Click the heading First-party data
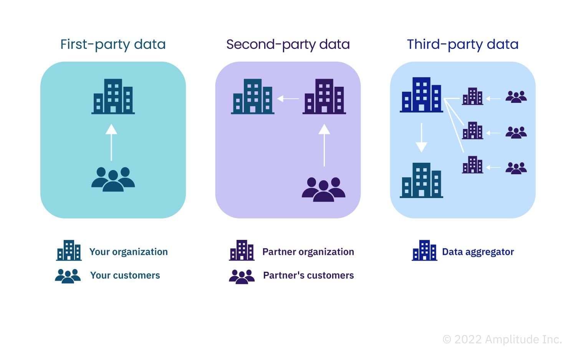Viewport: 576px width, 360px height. point(113,45)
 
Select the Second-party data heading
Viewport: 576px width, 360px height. point(288,45)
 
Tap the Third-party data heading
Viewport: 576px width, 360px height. point(462,45)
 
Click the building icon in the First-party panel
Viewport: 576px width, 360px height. point(113,96)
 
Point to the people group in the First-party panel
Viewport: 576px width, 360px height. point(113,179)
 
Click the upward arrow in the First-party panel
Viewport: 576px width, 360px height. point(111,142)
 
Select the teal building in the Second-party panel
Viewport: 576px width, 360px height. point(253,96)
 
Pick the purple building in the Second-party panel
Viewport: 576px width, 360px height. point(324,96)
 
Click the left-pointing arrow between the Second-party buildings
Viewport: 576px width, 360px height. point(288,99)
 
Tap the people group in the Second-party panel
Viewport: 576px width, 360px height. point(323,189)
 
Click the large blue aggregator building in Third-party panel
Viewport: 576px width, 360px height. point(421,95)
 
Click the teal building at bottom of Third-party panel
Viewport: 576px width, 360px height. point(421,180)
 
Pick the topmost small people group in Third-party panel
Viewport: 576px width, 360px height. point(516,97)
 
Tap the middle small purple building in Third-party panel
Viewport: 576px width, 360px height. point(472,131)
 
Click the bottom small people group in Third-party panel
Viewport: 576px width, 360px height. point(516,168)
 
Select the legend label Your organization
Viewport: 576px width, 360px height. point(128,252)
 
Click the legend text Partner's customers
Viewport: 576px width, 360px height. point(308,275)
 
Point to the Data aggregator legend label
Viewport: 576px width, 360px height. point(478,252)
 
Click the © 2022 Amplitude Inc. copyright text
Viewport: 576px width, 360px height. point(502,339)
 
